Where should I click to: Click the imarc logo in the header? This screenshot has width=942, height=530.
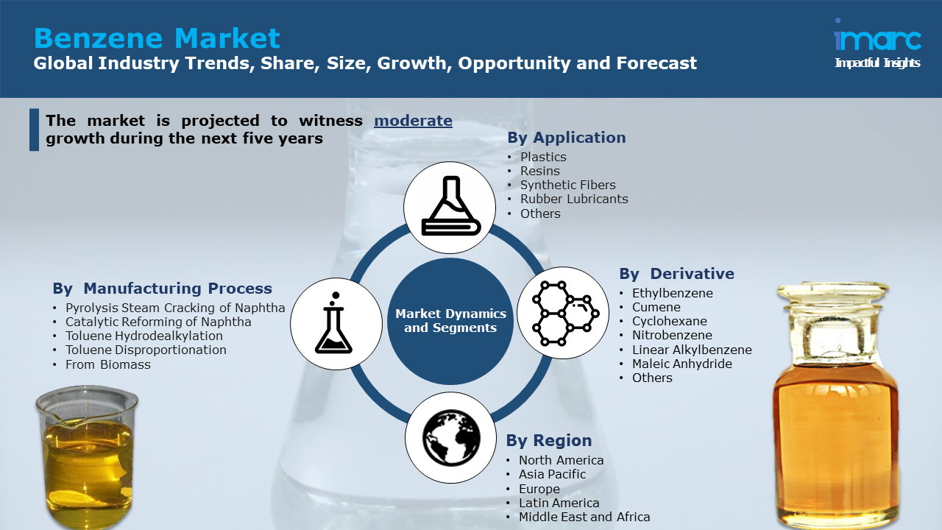coord(877,43)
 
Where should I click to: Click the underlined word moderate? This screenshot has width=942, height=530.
coord(413,121)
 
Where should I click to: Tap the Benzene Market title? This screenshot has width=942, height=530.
coord(157,38)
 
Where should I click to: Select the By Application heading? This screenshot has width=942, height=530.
coord(567,138)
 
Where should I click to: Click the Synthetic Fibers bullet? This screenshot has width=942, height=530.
coord(567,185)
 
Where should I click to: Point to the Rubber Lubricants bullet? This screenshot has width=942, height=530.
coord(574,199)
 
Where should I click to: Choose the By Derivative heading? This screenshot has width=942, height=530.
coord(676,274)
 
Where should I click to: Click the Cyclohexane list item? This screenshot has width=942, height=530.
coord(670,321)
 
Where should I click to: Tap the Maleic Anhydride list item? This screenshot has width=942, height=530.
coord(682,364)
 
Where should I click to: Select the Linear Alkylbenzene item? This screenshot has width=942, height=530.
coord(692,350)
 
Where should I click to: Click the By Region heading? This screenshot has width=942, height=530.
coord(549,440)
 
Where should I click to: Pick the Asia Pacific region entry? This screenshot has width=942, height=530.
coord(552,474)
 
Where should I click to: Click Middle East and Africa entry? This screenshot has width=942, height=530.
coord(584,517)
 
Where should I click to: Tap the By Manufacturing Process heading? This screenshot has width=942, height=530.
coord(163,289)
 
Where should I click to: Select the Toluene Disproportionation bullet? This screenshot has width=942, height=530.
coord(146,350)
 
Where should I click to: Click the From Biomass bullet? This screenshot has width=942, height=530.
coord(107,364)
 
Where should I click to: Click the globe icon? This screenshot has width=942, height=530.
coord(451,438)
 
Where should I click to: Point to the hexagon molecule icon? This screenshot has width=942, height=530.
coord(563,313)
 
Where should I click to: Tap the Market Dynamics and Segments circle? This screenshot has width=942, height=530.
coord(450,321)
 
